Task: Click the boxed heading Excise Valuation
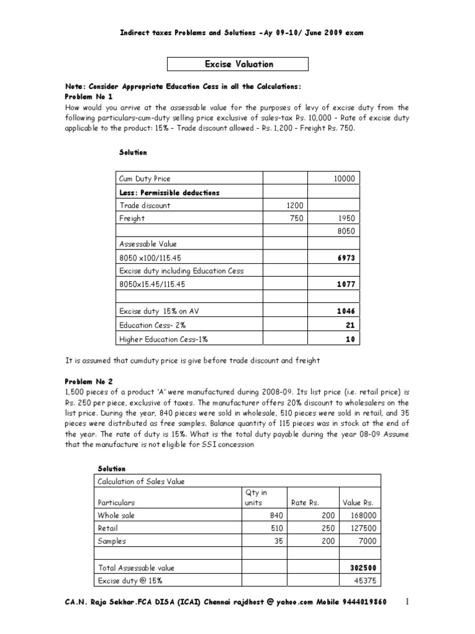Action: pyautogui.click(x=238, y=64)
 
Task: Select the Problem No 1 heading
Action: pyautogui.click(x=89, y=97)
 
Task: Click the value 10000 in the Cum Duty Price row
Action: pyautogui.click(x=344, y=178)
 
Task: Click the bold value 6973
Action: pyautogui.click(x=346, y=258)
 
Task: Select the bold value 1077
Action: pyautogui.click(x=346, y=284)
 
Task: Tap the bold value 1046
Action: pyautogui.click(x=346, y=311)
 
